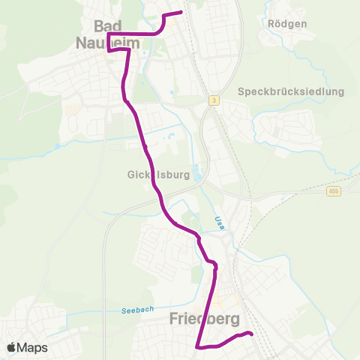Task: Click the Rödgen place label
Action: [287, 23]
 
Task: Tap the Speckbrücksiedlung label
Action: [290, 91]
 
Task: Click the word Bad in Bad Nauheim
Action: [109, 26]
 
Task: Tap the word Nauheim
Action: [109, 44]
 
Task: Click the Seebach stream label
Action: [136, 310]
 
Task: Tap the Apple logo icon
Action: [11, 347]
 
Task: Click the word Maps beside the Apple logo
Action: [32, 347]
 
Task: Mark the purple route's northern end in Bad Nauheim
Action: [181, 12]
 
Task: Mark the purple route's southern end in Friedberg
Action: [252, 334]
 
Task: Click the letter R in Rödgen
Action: [271, 23]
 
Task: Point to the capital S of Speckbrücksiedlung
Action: [241, 91]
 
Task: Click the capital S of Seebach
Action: [123, 311]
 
